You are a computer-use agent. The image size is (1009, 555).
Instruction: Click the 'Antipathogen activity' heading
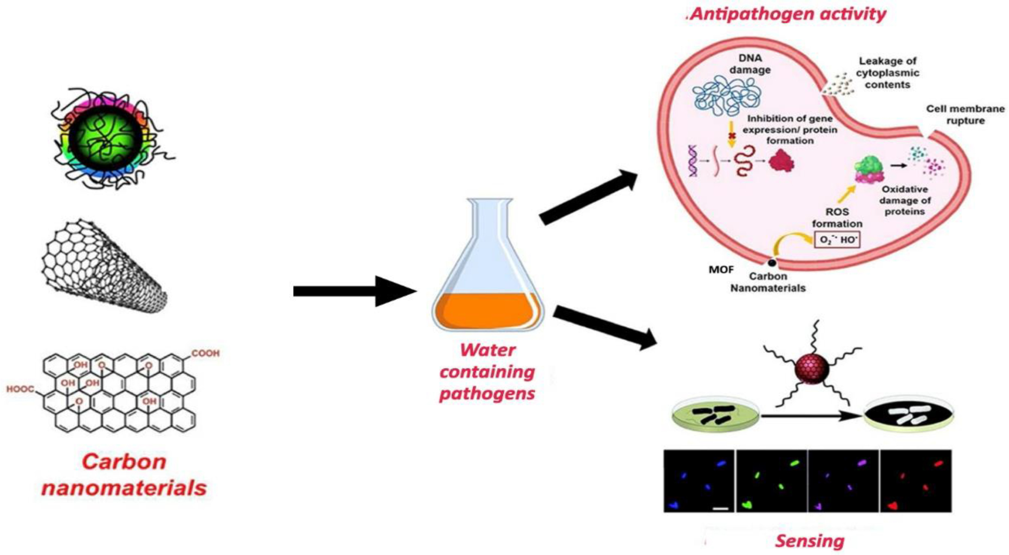pos(787,15)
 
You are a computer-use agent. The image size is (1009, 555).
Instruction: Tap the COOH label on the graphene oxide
pos(205,353)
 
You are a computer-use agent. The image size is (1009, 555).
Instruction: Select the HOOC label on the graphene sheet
pos(20,389)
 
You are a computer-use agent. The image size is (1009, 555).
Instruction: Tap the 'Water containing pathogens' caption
pos(487,371)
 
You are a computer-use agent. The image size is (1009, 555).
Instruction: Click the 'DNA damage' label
pos(750,64)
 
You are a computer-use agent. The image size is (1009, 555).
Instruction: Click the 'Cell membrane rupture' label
pos(965,114)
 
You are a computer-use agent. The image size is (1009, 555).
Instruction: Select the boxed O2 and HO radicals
pos(837,240)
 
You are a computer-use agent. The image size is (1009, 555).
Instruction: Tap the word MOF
pos(721,270)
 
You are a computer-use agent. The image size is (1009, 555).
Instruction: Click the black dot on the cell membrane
pos(772,263)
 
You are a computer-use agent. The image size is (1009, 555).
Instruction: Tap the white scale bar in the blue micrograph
pos(721,509)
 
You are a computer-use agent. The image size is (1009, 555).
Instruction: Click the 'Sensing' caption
pos(810,541)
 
